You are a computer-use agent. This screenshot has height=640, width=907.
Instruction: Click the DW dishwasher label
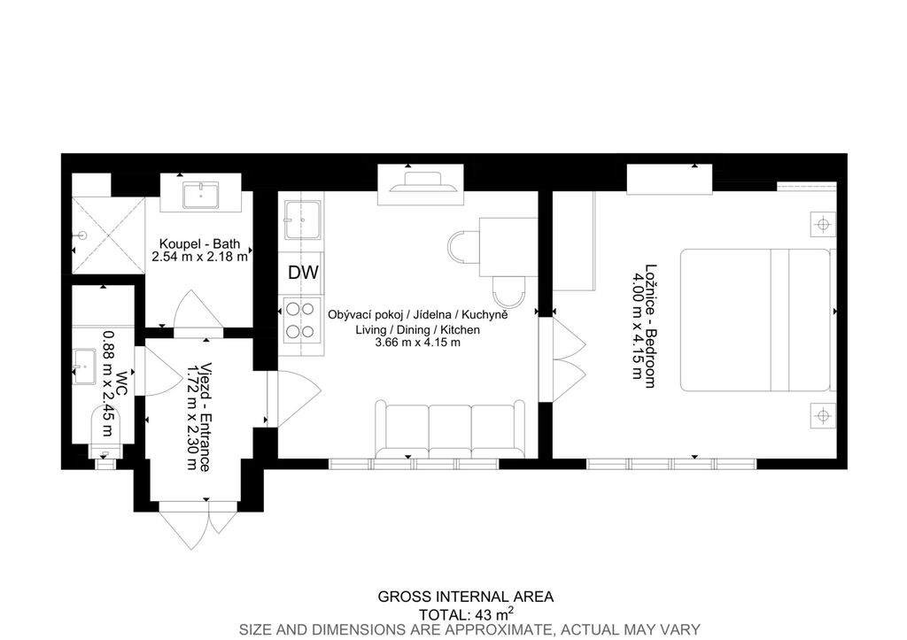[303, 273]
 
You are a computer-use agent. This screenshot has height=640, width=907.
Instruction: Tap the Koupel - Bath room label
[199, 244]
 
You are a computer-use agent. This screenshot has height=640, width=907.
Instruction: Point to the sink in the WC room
[85, 366]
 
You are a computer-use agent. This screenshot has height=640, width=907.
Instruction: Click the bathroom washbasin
[201, 195]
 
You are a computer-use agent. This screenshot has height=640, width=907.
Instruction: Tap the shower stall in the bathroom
[107, 235]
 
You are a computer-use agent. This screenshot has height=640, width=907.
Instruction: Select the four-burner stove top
[300, 320]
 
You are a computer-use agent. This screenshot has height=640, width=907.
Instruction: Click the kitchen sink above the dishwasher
[302, 220]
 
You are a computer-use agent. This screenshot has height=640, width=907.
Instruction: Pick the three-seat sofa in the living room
[450, 429]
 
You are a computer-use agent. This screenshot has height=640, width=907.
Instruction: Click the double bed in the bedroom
[756, 320]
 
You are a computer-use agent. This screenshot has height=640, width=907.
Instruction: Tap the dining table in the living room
[508, 247]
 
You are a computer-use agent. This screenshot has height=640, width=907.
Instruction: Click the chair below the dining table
[508, 293]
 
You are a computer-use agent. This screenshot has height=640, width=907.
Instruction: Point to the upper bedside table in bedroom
[823, 224]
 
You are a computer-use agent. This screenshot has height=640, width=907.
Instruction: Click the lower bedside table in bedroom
[823, 415]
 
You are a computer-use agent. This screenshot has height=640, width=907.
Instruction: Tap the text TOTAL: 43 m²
[466, 613]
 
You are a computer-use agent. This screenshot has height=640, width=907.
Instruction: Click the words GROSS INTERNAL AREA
[466, 597]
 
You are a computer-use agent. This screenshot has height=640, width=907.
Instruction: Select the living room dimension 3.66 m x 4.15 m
[418, 343]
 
